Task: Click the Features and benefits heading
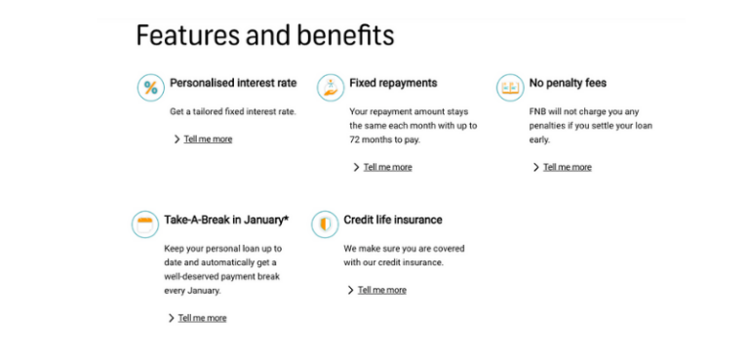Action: (x=264, y=36)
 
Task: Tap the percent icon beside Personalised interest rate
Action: (x=150, y=88)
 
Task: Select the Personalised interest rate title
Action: (x=233, y=83)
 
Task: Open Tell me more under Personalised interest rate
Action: (x=208, y=140)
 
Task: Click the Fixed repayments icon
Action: (x=331, y=87)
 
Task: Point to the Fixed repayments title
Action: (x=393, y=83)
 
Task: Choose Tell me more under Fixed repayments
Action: (x=387, y=167)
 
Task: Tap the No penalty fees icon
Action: (x=510, y=88)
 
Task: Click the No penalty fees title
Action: (x=568, y=83)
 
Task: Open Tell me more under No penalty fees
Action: (x=567, y=167)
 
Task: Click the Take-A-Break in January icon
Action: (x=145, y=224)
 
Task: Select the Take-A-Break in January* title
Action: (x=226, y=220)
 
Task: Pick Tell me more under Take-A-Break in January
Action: (x=202, y=318)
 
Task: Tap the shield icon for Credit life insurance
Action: (x=325, y=224)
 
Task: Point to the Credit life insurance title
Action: (x=393, y=220)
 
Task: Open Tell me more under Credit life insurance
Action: (x=381, y=290)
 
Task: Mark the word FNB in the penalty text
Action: (x=539, y=111)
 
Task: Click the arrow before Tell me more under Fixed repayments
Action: (x=357, y=167)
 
